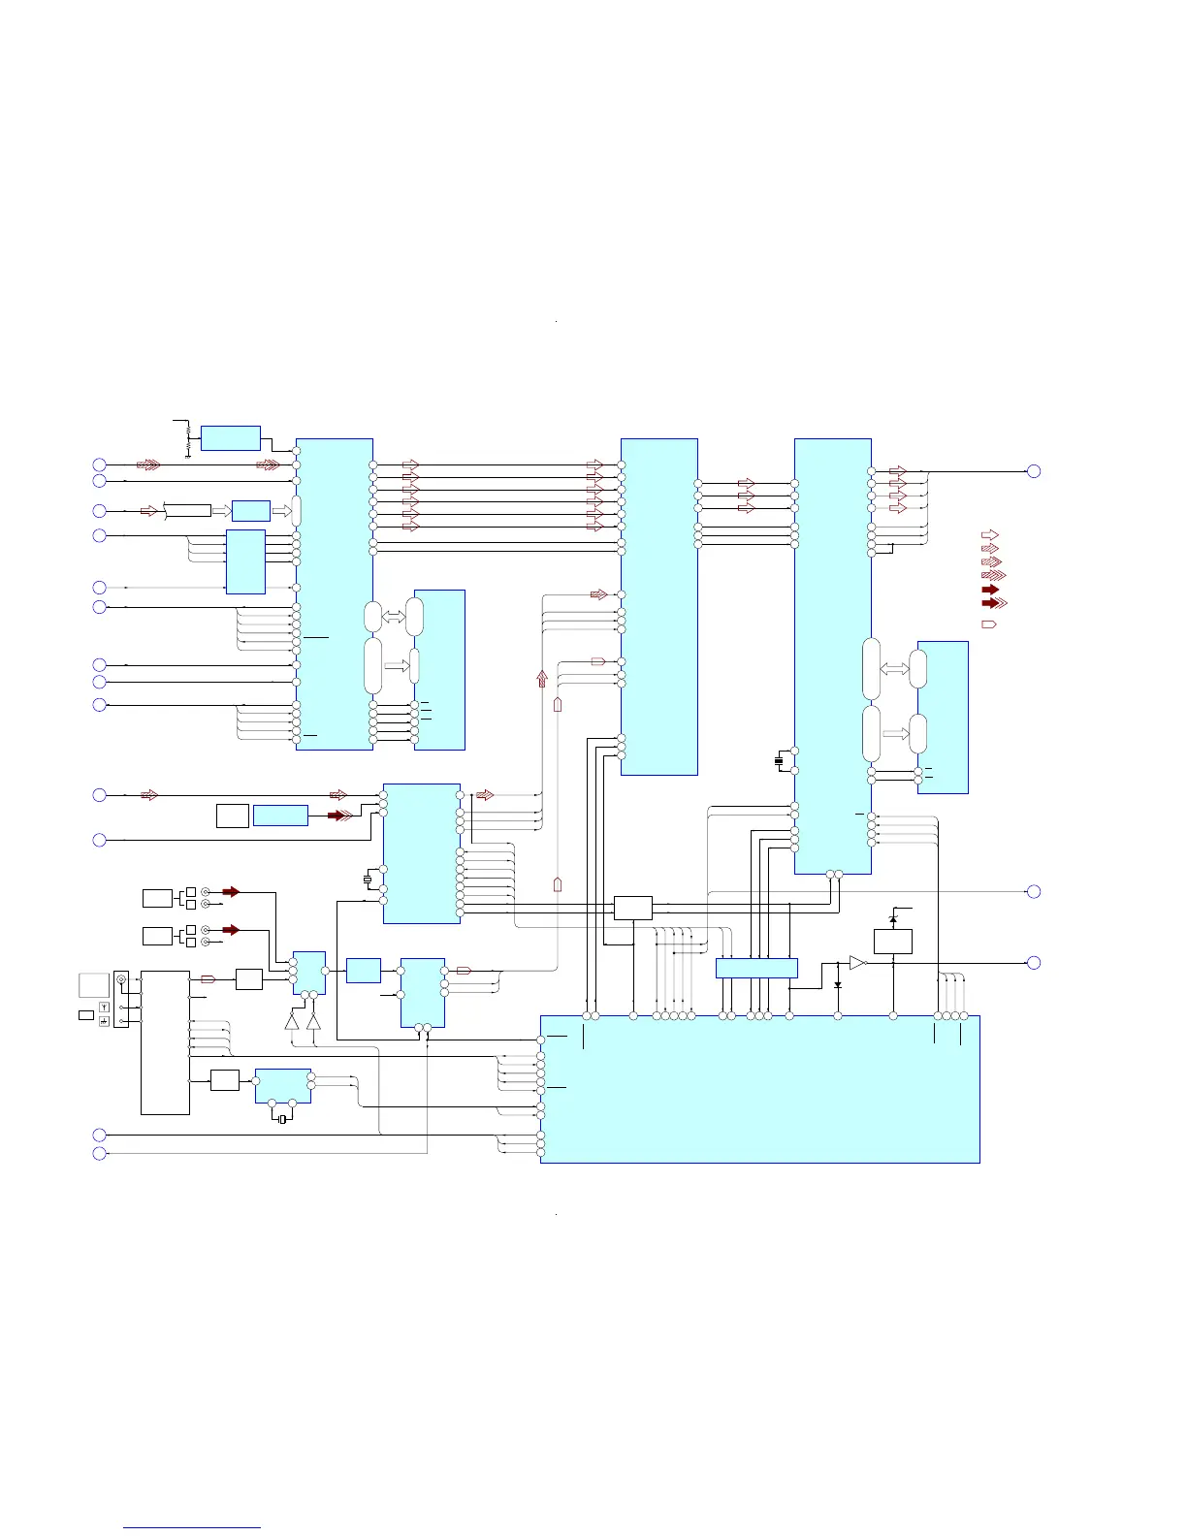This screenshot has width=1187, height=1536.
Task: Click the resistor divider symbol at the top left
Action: click(x=186, y=438)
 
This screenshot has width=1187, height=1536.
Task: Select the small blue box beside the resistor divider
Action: click(x=231, y=438)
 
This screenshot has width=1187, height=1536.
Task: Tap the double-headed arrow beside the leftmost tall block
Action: click(x=394, y=617)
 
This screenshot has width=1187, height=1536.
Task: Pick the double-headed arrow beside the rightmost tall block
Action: click(x=894, y=669)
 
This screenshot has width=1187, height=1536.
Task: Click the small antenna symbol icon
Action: click(x=104, y=1008)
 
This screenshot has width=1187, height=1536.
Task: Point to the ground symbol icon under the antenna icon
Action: click(x=104, y=1021)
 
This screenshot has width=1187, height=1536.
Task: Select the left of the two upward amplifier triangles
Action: click(x=292, y=1020)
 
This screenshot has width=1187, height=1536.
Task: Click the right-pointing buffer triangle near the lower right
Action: click(x=856, y=963)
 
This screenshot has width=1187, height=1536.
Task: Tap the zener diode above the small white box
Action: click(x=893, y=918)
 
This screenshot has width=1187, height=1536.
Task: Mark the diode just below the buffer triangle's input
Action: click(x=838, y=984)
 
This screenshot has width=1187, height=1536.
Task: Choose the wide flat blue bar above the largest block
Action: click(x=756, y=968)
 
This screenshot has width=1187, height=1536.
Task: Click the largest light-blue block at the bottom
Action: click(x=759, y=1089)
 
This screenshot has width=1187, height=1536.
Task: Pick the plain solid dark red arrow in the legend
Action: click(x=990, y=589)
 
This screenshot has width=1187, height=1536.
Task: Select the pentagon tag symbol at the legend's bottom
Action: click(x=989, y=624)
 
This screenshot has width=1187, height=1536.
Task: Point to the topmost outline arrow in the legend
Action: click(x=990, y=534)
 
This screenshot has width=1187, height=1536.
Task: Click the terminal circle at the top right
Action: click(x=1034, y=471)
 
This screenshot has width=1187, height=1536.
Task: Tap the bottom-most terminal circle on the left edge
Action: click(x=99, y=1153)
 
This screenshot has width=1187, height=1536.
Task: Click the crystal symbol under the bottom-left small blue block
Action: click(x=281, y=1120)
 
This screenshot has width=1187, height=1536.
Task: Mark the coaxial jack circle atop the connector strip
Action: click(x=121, y=980)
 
